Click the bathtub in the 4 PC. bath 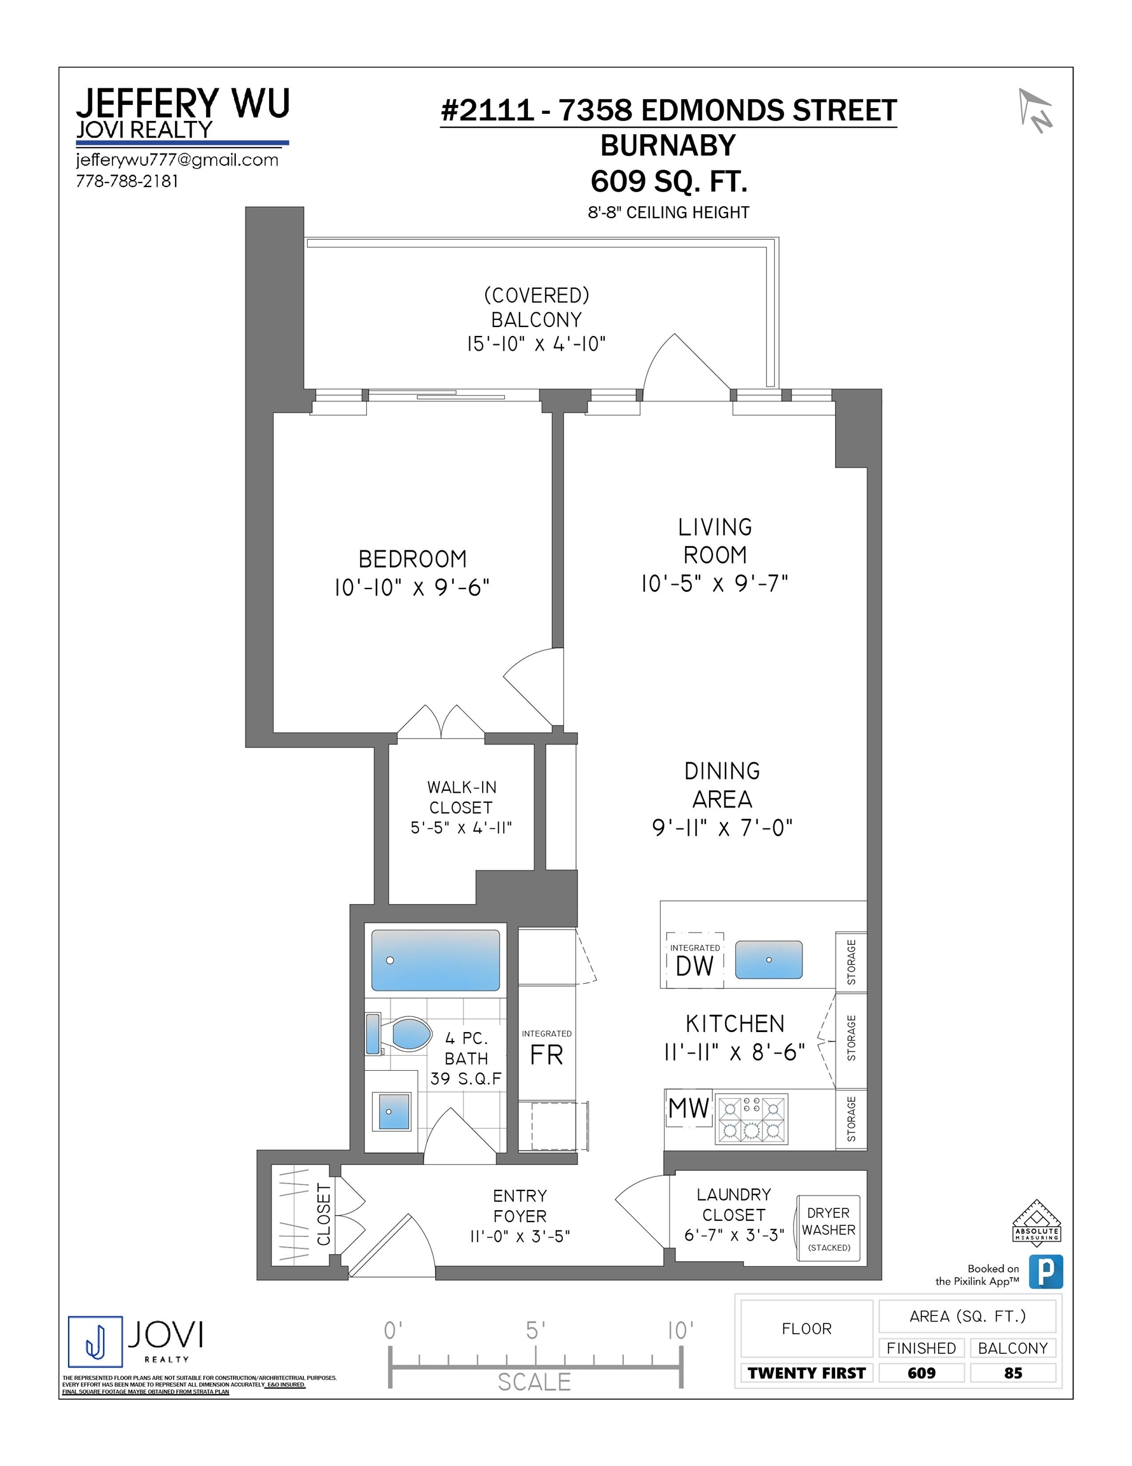[x=436, y=960]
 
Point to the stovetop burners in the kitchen [x=752, y=1119]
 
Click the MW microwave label [x=689, y=1108]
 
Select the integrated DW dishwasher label [x=694, y=961]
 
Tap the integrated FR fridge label [x=546, y=1047]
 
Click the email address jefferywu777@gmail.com [x=177, y=160]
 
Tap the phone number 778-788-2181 [x=127, y=181]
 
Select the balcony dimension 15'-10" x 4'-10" [x=536, y=344]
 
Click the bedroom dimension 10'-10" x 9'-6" [x=412, y=588]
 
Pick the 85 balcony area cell [x=1012, y=1372]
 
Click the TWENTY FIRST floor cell [x=806, y=1372]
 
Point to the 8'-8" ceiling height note [x=668, y=212]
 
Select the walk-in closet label [x=461, y=797]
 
